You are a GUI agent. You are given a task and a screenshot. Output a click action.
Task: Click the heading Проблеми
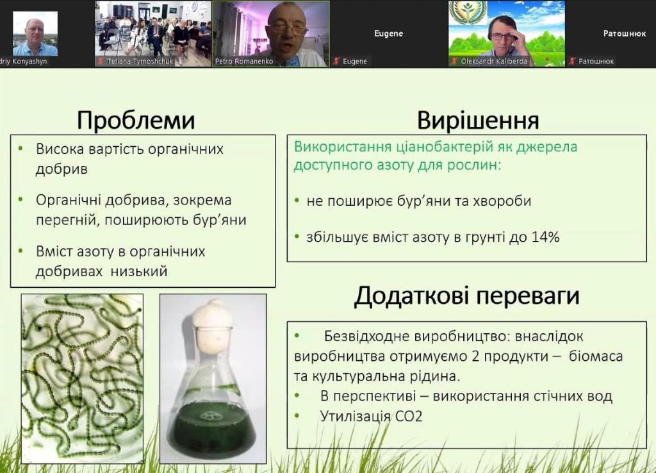pyautogui.click(x=136, y=120)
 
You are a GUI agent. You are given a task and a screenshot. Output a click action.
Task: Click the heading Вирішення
pyautogui.click(x=478, y=120)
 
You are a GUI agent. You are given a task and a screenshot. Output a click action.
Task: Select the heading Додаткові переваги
pyautogui.click(x=466, y=296)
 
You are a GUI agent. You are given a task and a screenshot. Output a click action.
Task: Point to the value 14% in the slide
pyautogui.click(x=546, y=237)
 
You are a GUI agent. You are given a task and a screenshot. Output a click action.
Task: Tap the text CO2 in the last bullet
pyautogui.click(x=409, y=416)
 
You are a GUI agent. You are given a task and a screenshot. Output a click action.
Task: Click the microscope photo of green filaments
pyautogui.click(x=83, y=378)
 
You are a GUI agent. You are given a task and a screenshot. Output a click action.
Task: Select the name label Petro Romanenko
pyautogui.click(x=244, y=62)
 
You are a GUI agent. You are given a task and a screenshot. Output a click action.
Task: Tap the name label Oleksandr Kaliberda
pyautogui.click(x=494, y=62)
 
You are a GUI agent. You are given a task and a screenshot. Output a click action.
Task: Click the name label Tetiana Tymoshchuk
pyautogui.click(x=140, y=62)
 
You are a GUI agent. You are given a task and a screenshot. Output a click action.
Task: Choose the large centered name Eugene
pyautogui.click(x=388, y=33)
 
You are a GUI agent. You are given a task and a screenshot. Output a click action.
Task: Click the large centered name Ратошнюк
pyautogui.click(x=624, y=33)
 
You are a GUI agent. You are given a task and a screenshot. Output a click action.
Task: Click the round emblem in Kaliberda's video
pyautogui.click(x=468, y=12)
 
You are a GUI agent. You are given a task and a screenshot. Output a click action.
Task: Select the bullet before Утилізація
pyautogui.click(x=297, y=416)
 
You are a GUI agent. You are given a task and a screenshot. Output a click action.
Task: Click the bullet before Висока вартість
pyautogui.click(x=21, y=149)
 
